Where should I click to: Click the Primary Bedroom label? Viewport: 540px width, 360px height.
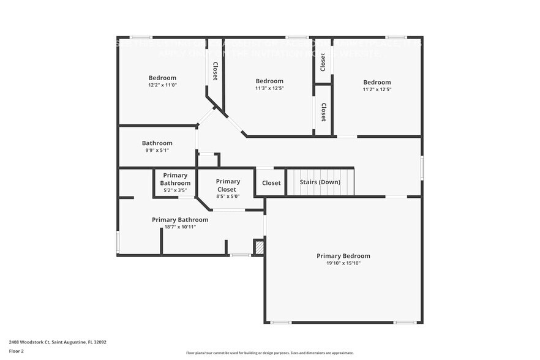click(x=343, y=256)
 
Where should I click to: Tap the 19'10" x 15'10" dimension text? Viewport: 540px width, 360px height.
click(x=343, y=263)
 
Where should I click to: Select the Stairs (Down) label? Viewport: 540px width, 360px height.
click(x=320, y=182)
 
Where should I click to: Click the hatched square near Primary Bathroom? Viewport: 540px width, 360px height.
click(x=259, y=247)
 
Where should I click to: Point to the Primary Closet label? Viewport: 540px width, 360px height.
click(x=228, y=185)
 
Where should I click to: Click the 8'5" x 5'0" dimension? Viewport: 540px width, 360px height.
click(x=228, y=197)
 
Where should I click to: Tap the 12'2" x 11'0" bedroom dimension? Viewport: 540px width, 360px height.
click(x=162, y=85)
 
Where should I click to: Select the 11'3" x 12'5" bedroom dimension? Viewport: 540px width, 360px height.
click(x=269, y=88)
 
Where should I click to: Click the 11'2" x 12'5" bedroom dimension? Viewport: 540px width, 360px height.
click(x=377, y=89)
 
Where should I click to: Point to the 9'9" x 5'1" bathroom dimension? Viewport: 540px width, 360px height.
click(x=157, y=151)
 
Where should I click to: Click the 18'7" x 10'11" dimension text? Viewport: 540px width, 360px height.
click(x=180, y=227)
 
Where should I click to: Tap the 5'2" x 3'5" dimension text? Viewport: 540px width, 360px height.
click(x=175, y=190)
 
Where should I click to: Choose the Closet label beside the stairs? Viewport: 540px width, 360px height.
click(x=271, y=183)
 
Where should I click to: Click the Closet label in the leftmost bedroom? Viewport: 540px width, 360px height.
click(x=215, y=71)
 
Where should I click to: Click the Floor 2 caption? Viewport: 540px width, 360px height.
click(x=16, y=351)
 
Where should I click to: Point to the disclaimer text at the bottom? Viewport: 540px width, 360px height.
click(x=270, y=353)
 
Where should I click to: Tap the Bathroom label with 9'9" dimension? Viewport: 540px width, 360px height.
click(x=157, y=143)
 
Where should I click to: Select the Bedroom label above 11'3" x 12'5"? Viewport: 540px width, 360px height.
click(x=269, y=81)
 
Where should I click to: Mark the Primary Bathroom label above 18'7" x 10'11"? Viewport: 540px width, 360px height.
click(x=180, y=219)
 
